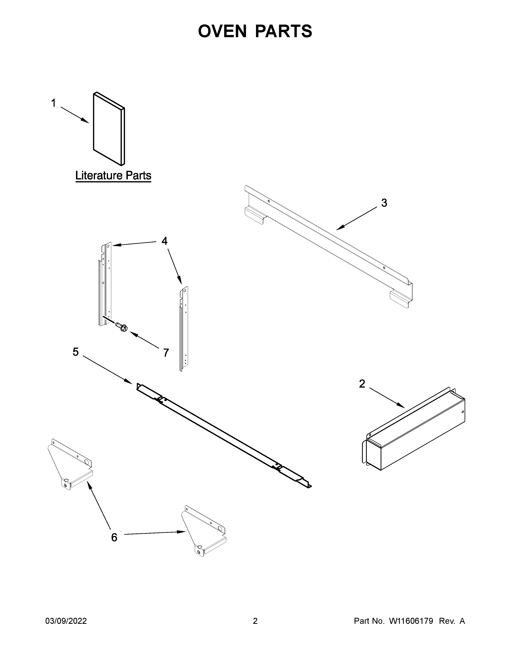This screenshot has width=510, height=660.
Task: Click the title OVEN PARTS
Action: coord(255,31)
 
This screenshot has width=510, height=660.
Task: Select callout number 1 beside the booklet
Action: coord(53,103)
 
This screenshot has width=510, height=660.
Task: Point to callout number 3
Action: coord(384,203)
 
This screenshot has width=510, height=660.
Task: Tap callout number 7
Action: coord(166,353)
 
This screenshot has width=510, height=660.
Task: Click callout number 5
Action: coord(76,352)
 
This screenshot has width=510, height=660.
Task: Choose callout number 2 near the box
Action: coord(362,384)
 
